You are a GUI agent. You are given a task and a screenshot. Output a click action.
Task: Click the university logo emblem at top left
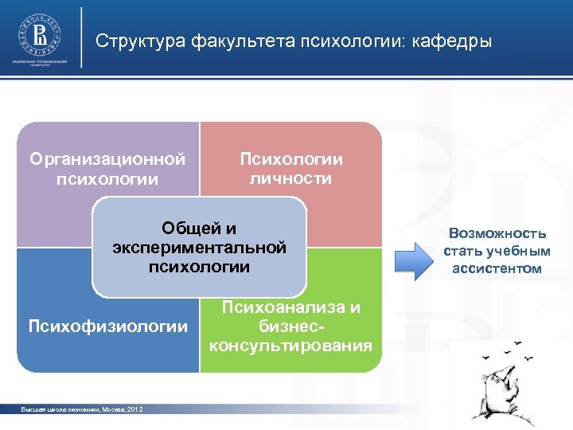coord(39,35)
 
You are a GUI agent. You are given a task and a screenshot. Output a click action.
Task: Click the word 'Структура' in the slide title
coord(140,41)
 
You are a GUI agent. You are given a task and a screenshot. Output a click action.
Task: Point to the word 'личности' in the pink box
coord(291,178)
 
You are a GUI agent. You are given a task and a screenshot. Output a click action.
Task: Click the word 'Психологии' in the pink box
coord(291,159)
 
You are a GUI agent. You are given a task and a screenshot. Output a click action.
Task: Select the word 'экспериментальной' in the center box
coord(199,247)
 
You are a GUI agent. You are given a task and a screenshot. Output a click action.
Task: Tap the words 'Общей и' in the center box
coord(199,228)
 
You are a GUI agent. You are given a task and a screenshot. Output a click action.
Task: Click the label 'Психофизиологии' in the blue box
coord(107,326)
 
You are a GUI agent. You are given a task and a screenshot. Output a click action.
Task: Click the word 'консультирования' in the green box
coord(290,346)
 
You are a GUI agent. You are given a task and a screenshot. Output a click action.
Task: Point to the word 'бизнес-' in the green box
coord(290,326)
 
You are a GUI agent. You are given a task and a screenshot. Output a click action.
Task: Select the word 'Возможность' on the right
coord(497,233)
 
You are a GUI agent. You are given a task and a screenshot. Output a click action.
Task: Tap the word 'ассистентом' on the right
coord(497,268)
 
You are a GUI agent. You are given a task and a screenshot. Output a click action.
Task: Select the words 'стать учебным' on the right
coord(497,251)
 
